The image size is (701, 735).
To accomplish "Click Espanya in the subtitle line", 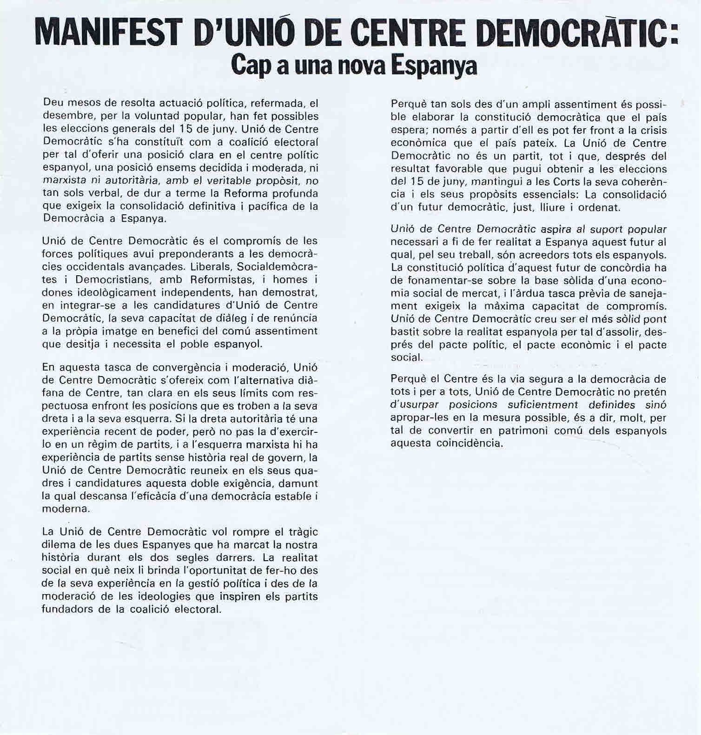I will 433,66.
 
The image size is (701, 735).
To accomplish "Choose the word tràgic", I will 302,531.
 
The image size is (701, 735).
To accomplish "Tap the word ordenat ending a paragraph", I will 599,208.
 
